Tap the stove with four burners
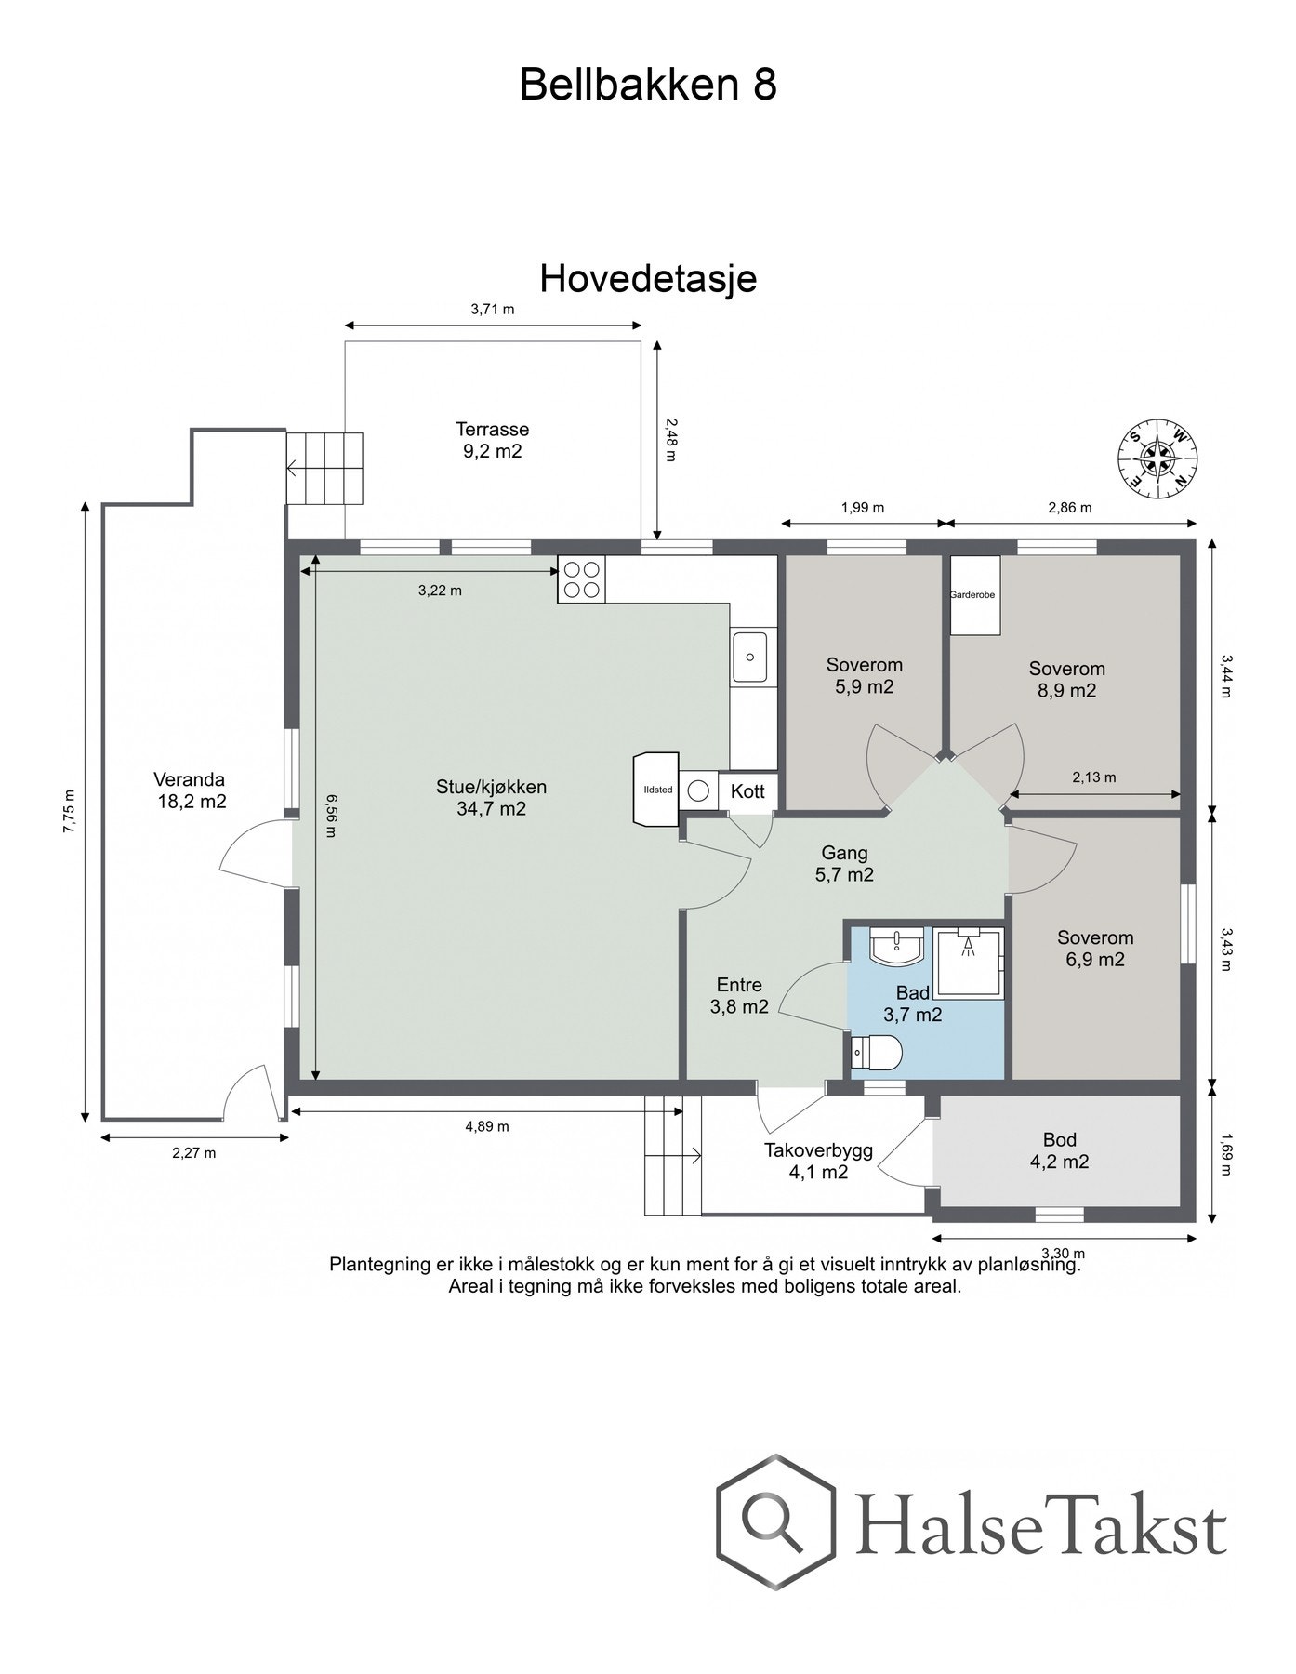581,578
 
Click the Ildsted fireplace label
657,790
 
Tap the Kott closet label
747,791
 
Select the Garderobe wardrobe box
973,595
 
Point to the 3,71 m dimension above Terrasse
492,310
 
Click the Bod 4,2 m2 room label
1059,1150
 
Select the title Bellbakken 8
647,85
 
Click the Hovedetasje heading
648,278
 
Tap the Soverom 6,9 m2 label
1094,949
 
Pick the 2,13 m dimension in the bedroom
1093,777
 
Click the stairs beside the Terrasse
324,468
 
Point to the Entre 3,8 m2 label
739,995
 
